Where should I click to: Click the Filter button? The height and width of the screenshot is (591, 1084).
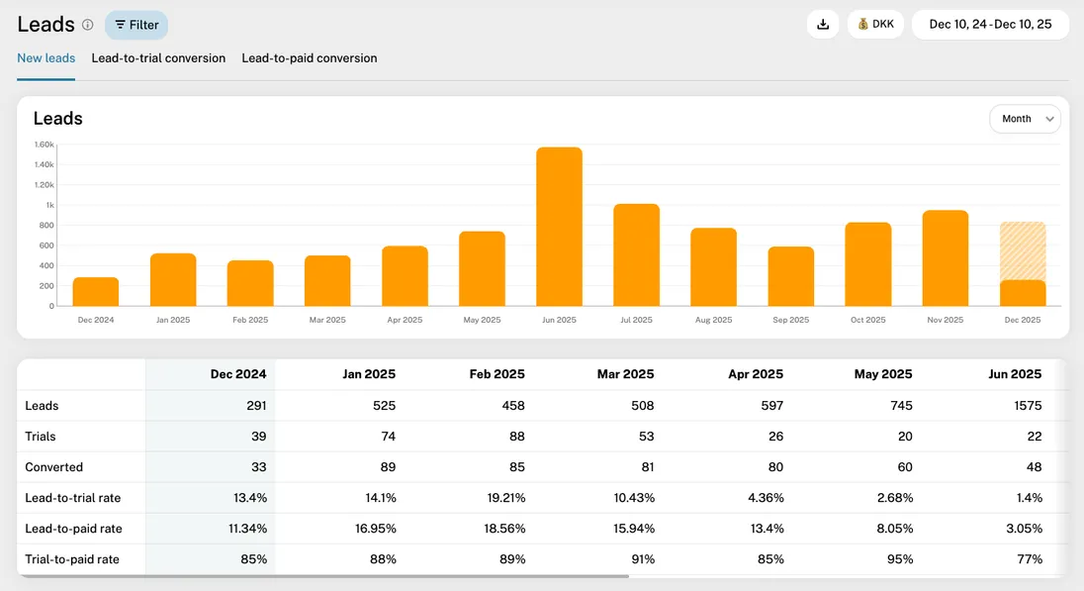[x=136, y=25]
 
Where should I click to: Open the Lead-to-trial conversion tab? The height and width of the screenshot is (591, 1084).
[x=158, y=58]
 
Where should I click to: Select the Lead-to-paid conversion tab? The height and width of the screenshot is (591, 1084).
[x=310, y=58]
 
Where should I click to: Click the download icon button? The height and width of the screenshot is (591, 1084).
[x=823, y=25]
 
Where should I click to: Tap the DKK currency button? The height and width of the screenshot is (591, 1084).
[x=875, y=25]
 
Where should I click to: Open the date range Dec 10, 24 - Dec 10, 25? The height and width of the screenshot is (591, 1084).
[x=990, y=25]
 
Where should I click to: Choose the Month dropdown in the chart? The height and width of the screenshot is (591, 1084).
[x=1025, y=119]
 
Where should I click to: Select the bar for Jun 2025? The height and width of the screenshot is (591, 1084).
[x=559, y=227]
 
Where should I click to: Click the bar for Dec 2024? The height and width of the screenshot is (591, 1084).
[x=96, y=292]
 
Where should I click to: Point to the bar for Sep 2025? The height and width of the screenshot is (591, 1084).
[x=791, y=276]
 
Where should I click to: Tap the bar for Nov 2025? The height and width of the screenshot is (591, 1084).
[x=946, y=258]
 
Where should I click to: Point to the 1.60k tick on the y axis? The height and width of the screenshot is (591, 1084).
[x=44, y=145]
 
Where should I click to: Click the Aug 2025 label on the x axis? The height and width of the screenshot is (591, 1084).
[x=713, y=320]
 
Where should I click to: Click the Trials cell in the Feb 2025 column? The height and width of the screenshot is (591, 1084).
[x=512, y=437]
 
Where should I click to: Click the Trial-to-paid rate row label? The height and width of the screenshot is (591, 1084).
[x=72, y=559]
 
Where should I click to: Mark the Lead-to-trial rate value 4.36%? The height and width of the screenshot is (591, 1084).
[x=764, y=498]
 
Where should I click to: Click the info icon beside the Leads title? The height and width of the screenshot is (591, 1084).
[x=87, y=25]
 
